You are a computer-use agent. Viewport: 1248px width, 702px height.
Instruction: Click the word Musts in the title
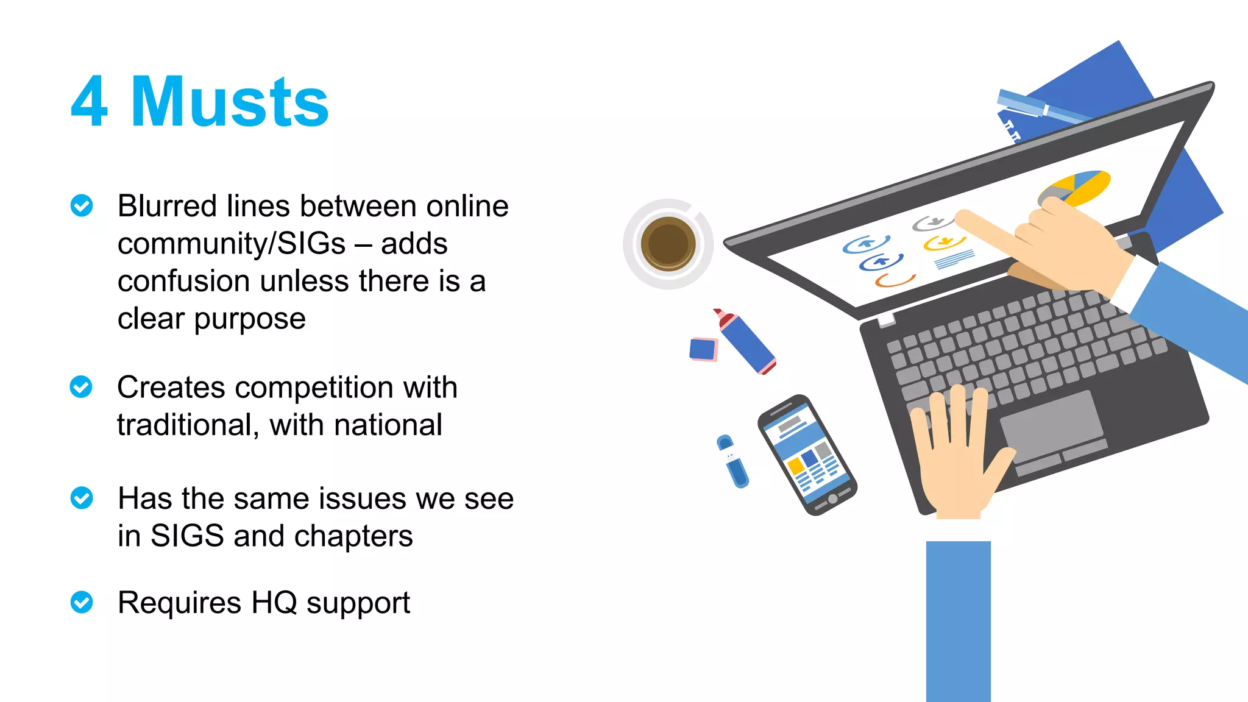pyautogui.click(x=230, y=102)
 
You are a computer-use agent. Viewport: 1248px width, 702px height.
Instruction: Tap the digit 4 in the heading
pyautogui.click(x=89, y=102)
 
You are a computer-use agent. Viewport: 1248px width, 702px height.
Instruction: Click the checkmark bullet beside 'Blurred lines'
pyautogui.click(x=82, y=206)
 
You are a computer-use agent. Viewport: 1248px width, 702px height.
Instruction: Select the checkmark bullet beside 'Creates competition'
pyautogui.click(x=81, y=387)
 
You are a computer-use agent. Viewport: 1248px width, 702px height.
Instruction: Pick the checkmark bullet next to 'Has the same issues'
pyautogui.click(x=82, y=498)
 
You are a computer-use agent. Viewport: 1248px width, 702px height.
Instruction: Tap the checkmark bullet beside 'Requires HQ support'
pyautogui.click(x=82, y=602)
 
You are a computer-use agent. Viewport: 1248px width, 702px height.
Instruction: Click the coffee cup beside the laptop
pyautogui.click(x=668, y=244)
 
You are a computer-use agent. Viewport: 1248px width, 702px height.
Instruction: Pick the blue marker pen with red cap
pyautogui.click(x=746, y=342)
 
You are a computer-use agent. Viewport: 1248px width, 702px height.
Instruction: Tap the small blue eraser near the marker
pyautogui.click(x=703, y=349)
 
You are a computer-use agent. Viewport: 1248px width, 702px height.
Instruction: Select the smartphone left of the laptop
pyautogui.click(x=807, y=455)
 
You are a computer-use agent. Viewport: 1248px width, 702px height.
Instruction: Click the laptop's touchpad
pyautogui.click(x=1051, y=425)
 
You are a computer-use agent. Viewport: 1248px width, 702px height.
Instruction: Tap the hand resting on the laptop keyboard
pyautogui.click(x=957, y=451)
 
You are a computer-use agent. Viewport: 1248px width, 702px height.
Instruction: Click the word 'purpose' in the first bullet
pyautogui.click(x=250, y=319)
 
